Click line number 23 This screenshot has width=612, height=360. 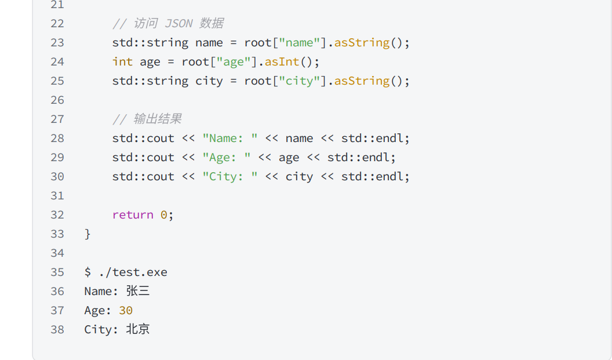point(57,43)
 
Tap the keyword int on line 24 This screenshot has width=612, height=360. point(122,62)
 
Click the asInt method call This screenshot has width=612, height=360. point(282,62)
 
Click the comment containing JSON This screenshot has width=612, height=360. point(168,24)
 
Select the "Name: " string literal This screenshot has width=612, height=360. point(230,139)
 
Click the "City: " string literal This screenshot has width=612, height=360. point(230,177)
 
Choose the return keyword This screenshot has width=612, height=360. point(133,215)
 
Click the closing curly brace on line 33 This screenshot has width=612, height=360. point(88,234)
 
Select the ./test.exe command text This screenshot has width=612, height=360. point(133,272)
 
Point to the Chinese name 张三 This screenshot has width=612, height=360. point(138,292)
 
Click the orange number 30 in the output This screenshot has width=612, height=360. point(126,311)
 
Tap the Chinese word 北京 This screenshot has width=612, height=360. point(138,330)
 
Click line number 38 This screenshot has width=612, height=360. point(57,330)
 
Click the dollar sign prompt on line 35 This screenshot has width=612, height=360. point(88,272)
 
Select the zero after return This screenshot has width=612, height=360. point(164,215)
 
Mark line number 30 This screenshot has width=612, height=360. point(57,177)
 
